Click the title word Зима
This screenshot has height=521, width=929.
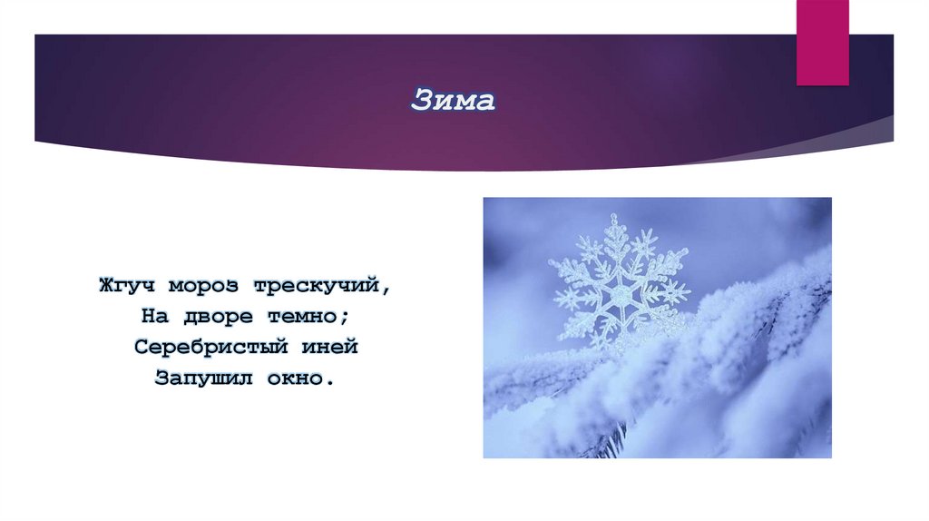[x=453, y=101]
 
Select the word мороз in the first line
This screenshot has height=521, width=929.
[x=201, y=286]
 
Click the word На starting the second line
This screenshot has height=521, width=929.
[x=152, y=317]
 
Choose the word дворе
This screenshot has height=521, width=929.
[x=205, y=317]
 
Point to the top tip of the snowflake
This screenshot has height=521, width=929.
[x=616, y=218]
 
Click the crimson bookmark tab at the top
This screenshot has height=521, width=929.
[x=822, y=43]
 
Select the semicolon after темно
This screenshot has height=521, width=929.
[x=347, y=319]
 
